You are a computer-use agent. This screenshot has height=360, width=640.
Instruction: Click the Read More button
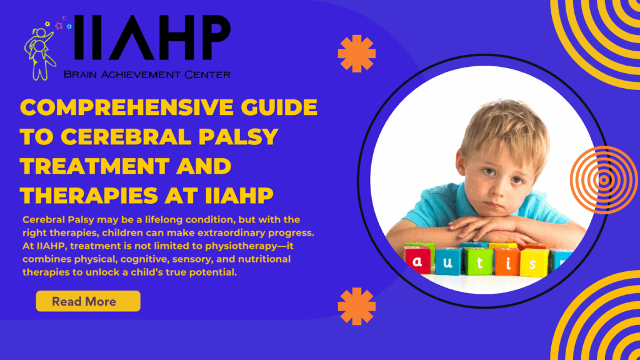(88, 301)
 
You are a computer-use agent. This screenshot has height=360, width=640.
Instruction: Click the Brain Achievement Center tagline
(147, 74)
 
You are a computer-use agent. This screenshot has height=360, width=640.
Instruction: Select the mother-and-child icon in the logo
(40, 53)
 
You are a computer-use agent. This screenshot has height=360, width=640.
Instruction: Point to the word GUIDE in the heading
(279, 107)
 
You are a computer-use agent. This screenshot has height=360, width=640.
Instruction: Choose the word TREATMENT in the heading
(94, 166)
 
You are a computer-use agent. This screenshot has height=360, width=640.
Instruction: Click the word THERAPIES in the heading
(89, 196)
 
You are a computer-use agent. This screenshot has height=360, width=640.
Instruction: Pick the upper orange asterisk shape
(357, 54)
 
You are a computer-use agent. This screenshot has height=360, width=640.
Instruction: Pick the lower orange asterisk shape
(357, 306)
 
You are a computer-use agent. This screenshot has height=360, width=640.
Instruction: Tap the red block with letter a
(417, 259)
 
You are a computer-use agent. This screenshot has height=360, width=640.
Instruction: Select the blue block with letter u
(447, 261)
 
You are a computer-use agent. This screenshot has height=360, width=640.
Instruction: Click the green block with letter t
(479, 261)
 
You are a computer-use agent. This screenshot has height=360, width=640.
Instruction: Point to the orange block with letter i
(507, 262)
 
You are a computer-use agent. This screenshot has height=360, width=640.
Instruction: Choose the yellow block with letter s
(534, 263)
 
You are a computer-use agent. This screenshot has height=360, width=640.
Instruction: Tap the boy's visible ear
(461, 163)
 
